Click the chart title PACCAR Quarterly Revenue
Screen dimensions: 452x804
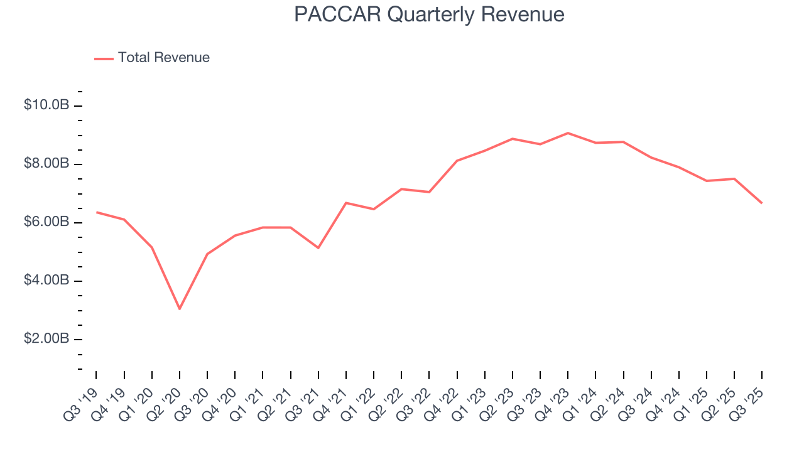click(x=429, y=14)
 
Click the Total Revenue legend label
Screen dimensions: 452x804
click(x=163, y=58)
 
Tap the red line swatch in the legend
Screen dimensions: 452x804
click(x=104, y=58)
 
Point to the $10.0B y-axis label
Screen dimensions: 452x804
click(x=46, y=105)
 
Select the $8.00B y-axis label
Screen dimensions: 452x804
click(x=46, y=164)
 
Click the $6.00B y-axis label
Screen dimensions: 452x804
click(x=46, y=222)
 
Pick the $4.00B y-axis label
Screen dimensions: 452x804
click(x=46, y=281)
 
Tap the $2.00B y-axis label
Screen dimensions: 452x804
click(x=46, y=339)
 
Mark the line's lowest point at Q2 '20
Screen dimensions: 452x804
click(x=180, y=309)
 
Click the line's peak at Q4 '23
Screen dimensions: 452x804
click(x=568, y=133)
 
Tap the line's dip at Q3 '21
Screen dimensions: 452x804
click(x=318, y=248)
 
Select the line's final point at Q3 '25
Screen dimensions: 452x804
click(x=762, y=203)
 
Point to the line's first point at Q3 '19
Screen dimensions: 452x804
click(x=96, y=212)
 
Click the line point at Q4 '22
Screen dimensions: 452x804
click(x=457, y=161)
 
